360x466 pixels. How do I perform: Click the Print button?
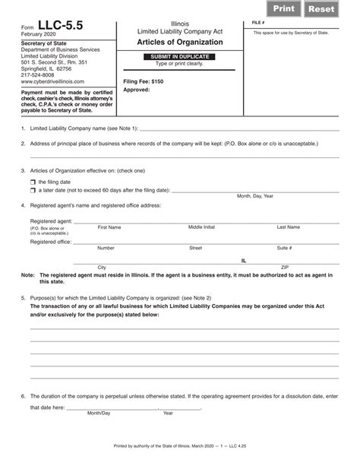click(286, 8)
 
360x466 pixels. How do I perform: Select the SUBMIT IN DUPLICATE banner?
click(180, 57)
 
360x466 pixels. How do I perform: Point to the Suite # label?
click(284, 248)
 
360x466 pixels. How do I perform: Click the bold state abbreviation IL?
click(244, 260)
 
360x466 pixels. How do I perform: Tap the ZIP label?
click(285, 268)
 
